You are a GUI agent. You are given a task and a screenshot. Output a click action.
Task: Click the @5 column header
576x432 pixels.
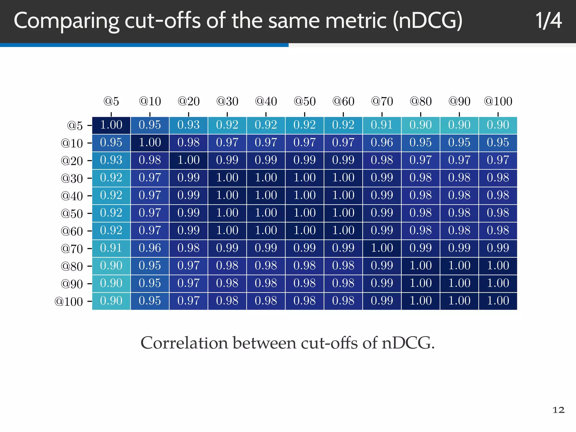coord(111,101)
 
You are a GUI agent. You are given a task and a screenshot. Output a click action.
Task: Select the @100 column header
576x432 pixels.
coord(498,101)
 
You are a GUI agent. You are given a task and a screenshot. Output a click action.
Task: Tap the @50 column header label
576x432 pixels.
coord(305,101)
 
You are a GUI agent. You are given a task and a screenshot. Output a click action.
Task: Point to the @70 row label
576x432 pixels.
coord(72,249)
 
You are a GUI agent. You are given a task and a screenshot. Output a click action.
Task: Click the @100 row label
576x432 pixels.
coord(69,301)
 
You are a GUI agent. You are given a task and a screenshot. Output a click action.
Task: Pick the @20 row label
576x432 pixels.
coord(72,161)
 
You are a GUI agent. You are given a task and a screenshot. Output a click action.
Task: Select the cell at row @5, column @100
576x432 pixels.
coord(498,125)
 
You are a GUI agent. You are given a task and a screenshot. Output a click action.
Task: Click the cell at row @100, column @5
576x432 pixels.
coord(111,301)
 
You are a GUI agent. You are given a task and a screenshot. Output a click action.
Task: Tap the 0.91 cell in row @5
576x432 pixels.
coord(382,125)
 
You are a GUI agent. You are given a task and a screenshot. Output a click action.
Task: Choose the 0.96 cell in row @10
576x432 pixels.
coord(382,143)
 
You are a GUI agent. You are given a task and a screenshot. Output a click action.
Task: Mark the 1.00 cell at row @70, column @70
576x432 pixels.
coord(382,248)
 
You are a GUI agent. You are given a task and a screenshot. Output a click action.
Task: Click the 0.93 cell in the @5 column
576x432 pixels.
coord(111,160)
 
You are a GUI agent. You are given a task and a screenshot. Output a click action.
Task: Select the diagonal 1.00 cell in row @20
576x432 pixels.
coord(188,160)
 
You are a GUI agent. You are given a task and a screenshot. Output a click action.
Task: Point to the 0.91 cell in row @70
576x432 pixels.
coord(111,248)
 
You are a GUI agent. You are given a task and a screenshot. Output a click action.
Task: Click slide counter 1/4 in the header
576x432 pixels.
coord(548,21)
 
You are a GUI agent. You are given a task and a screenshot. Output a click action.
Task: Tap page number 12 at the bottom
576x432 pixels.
coord(558,410)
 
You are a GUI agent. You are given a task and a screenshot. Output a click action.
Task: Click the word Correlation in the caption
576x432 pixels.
coord(184,343)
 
